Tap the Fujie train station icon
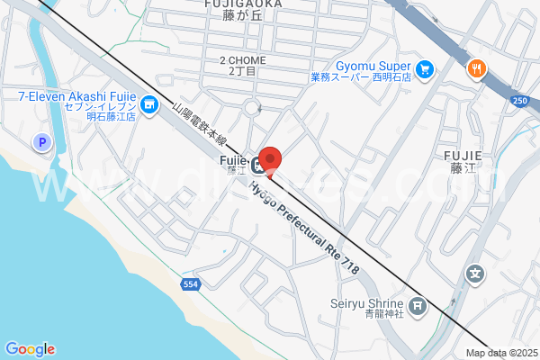click(x=258, y=164)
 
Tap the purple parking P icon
click(x=40, y=142)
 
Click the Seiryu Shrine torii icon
click(x=418, y=308)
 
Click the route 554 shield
click(x=190, y=284)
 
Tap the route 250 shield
click(x=520, y=100)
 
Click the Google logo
click(x=30, y=349)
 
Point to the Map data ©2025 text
click(x=500, y=353)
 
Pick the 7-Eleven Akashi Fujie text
click(x=76, y=95)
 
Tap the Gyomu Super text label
click(x=374, y=66)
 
